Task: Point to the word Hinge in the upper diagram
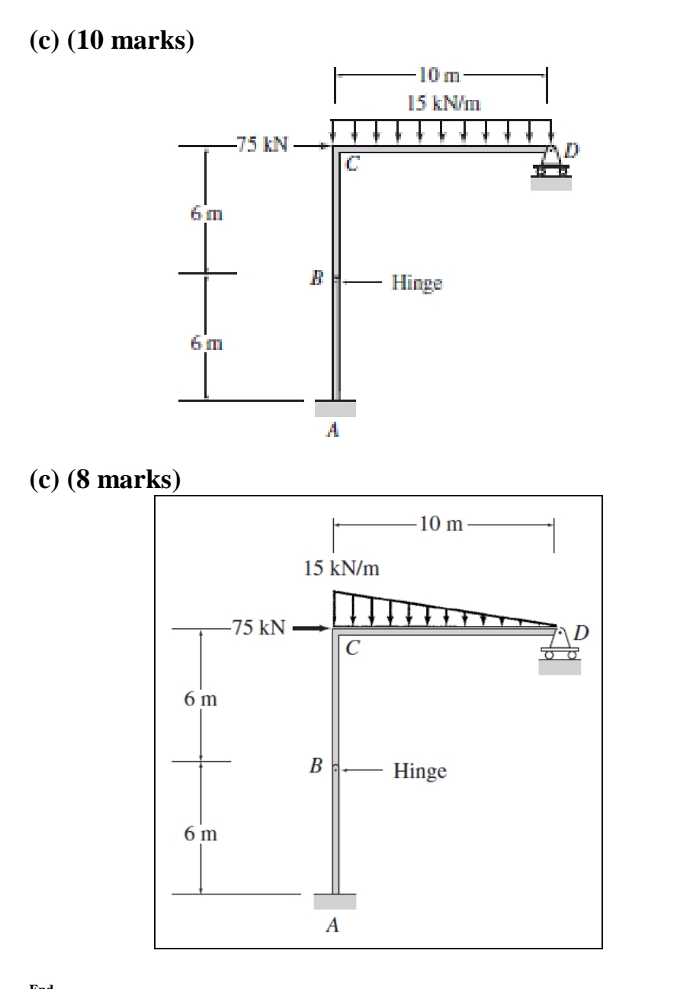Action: tap(417, 283)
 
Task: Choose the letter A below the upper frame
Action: tap(332, 432)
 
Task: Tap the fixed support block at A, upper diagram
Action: tap(335, 408)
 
